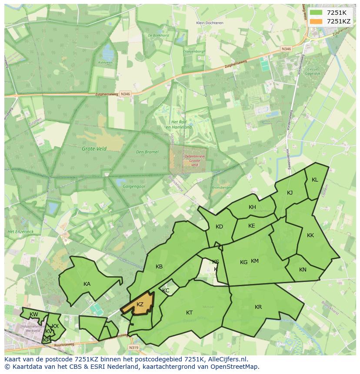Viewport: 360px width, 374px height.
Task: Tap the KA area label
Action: point(87,284)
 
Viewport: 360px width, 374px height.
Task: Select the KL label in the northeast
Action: point(315,180)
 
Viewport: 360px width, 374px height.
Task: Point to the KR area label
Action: point(258,307)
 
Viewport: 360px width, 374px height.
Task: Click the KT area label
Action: point(190,313)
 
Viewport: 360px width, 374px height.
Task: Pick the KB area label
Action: point(159,267)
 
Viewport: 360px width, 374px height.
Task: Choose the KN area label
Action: point(303,270)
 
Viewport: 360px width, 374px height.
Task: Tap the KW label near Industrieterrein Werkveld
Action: point(33,314)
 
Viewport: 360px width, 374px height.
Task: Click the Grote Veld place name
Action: point(94,149)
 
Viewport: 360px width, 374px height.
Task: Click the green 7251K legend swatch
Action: point(316,13)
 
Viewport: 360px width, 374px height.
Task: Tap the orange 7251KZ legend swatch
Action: point(316,21)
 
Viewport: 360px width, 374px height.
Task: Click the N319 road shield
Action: point(133,348)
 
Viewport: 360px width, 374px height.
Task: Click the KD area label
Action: point(219,227)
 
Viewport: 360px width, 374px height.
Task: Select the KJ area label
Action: point(290,193)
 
